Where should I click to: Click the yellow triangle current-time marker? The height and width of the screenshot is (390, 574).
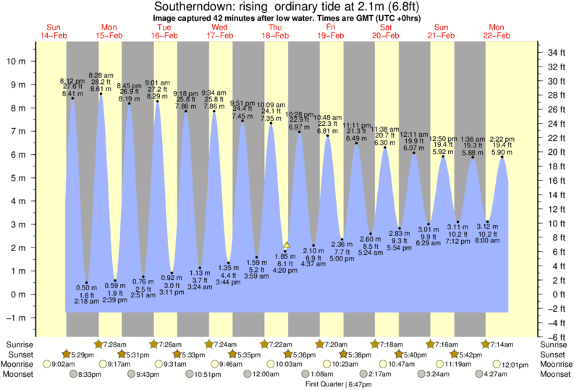point(287,245)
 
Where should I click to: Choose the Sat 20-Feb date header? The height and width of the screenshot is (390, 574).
point(385,30)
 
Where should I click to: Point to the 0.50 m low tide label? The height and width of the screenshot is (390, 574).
point(87,287)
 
